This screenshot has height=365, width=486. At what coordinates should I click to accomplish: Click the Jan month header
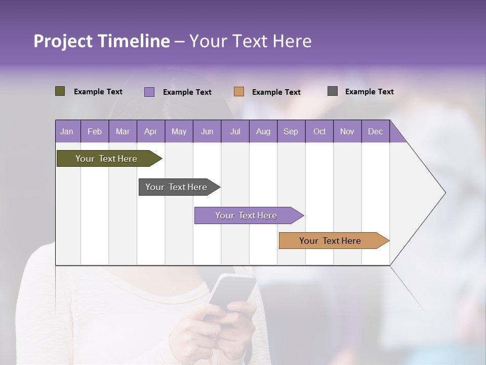67,132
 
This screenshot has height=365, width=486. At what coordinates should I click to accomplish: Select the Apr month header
151,132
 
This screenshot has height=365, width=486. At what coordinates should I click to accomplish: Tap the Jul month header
235,132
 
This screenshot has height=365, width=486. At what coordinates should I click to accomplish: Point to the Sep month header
291,132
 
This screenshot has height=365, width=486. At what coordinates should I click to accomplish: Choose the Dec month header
375,132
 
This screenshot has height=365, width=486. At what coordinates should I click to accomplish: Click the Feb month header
95,132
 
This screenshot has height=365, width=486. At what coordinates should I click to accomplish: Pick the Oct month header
319,132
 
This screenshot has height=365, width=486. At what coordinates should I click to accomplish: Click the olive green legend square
60,91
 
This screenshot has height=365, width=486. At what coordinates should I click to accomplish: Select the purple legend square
149,92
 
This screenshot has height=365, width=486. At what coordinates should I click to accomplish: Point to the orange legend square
239,92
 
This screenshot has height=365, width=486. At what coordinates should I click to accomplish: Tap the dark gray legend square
333,91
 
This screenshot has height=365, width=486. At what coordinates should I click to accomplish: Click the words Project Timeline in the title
102,42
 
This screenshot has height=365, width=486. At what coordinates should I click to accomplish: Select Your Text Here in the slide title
250,42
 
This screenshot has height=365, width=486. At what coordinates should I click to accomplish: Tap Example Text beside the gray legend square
369,92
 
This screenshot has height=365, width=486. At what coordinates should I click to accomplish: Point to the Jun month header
207,132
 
